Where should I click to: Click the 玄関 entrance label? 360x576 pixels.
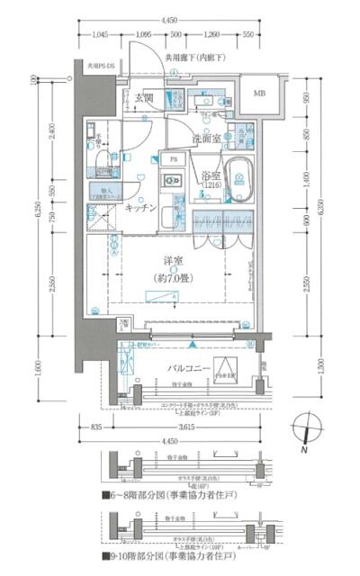pos(145,96)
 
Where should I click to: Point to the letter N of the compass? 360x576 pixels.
pos(305,447)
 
